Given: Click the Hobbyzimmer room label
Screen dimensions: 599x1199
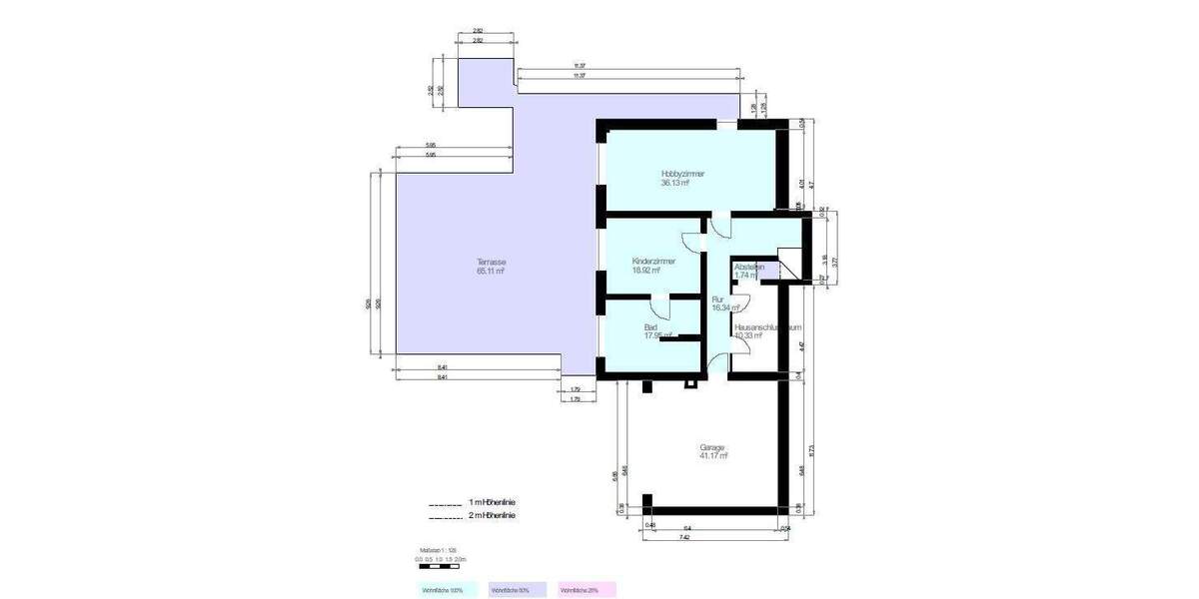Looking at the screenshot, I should coord(682,174).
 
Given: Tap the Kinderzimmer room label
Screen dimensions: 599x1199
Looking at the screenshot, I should coord(653,261).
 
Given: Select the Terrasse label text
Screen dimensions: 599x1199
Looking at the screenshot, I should coord(491,262).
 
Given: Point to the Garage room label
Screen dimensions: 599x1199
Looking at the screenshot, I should coord(712,447).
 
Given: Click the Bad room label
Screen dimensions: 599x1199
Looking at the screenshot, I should coord(650,326).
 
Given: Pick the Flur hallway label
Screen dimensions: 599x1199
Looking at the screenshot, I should coord(717,299).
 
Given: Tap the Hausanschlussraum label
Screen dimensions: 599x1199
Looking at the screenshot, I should coord(767,326).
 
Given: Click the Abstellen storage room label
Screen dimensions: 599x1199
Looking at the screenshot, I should coord(749,267).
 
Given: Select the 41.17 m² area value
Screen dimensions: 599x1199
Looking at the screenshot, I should coord(713,456).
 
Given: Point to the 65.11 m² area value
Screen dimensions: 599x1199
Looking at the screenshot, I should coord(491,271).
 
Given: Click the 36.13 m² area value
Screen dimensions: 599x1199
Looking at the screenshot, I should coord(675,183).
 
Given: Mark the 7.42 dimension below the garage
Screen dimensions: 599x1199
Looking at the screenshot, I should coord(683,537).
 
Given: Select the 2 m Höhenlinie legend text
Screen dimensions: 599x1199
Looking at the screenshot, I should coord(493,516).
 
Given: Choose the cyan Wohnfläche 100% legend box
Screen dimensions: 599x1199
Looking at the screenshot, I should coord(447,590).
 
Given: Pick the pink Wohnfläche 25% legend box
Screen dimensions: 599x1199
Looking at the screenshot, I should coord(587,590).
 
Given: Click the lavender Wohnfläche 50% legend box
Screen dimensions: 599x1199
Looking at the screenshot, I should coord(517,590).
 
